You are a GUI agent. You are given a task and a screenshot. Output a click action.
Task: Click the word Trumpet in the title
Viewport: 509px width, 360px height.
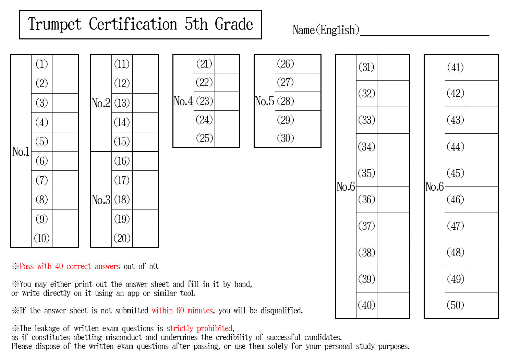(55, 25)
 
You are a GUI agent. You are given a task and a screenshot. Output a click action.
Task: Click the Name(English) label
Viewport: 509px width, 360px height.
(326, 30)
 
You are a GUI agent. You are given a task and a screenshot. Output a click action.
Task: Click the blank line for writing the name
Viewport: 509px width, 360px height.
(425, 35)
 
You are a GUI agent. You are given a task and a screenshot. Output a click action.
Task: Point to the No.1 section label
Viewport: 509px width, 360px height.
(21, 151)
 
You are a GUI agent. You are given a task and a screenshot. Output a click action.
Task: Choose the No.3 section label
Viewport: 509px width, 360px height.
(101, 200)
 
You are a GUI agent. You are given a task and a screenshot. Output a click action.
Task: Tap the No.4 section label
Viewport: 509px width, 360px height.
(183, 101)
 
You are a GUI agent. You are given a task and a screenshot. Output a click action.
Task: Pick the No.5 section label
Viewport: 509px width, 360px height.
(264, 101)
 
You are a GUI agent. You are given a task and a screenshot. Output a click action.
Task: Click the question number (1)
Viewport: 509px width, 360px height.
(42, 64)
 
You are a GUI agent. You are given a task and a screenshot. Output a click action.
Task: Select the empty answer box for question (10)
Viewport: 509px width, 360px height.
(65, 238)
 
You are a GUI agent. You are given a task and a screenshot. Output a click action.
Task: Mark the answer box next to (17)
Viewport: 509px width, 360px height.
(145, 180)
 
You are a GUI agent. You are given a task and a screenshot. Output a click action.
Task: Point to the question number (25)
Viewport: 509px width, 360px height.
(205, 138)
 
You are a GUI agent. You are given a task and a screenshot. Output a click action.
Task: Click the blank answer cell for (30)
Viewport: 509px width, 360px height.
(308, 138)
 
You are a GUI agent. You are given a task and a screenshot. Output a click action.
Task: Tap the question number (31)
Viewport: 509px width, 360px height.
(366, 67)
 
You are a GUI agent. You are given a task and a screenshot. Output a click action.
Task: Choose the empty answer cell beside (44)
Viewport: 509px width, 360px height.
(482, 147)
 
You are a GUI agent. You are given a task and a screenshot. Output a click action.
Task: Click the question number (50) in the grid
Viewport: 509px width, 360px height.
(456, 305)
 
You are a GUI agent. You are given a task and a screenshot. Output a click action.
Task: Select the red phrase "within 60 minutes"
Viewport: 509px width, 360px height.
(182, 310)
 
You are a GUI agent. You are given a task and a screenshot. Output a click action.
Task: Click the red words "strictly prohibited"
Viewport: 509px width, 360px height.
(199, 328)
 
